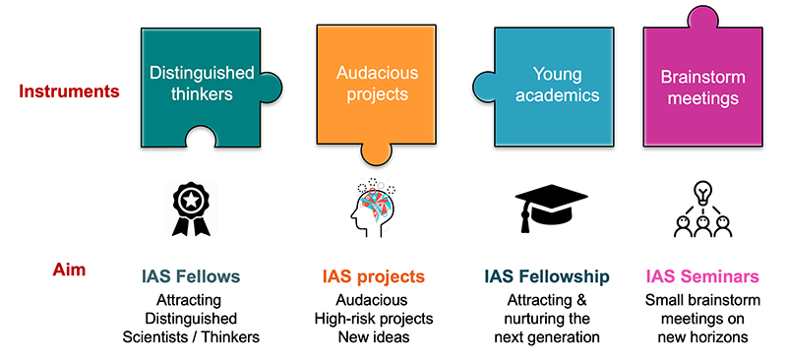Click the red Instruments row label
[69, 91]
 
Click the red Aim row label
[69, 268]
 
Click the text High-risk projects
[374, 319]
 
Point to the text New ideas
[374, 337]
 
